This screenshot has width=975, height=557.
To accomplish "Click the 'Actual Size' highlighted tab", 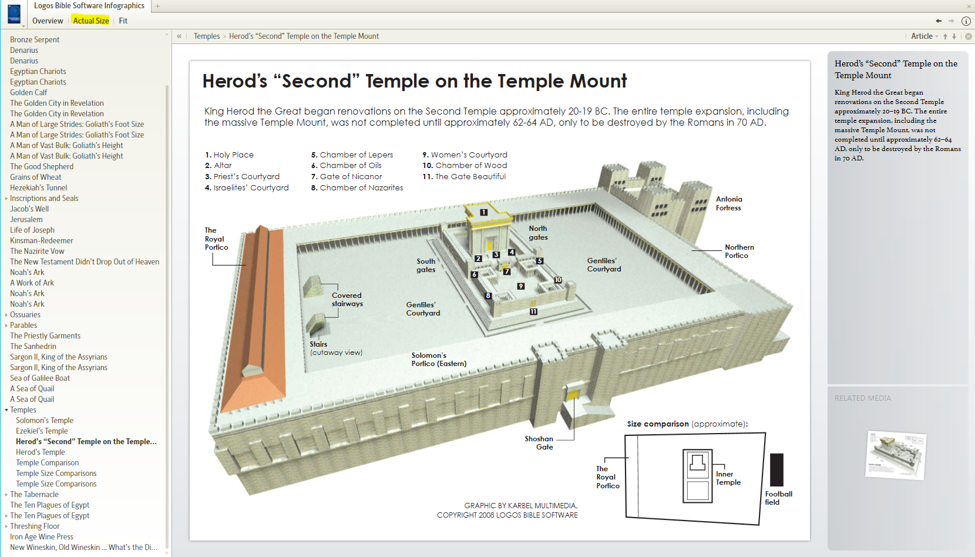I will [x=91, y=21].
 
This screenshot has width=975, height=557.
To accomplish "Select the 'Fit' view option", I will [x=123, y=21].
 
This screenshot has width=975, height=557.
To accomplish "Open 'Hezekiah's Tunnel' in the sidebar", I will [x=39, y=188].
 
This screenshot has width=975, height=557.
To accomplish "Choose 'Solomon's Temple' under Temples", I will [x=45, y=421].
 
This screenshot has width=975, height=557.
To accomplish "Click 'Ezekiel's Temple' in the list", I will [x=42, y=431].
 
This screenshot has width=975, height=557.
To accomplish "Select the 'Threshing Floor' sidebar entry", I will [x=35, y=526].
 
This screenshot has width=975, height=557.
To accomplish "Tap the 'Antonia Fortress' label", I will [x=728, y=203].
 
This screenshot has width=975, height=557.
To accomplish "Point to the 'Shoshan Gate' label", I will [x=539, y=443].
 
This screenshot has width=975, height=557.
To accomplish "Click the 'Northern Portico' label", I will [x=739, y=251].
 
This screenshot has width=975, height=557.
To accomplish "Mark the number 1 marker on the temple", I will [x=483, y=212].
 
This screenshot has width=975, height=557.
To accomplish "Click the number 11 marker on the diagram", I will [x=533, y=312].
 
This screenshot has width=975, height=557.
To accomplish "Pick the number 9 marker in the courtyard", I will [x=520, y=286].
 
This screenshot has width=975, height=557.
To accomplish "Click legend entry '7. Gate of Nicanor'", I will [x=347, y=177].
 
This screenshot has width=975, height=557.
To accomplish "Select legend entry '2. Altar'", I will [x=218, y=166].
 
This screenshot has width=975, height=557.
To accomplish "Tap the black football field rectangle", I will [x=776, y=469].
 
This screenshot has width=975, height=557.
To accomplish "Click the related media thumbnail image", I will [x=896, y=454].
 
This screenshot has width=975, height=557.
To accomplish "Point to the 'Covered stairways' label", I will [x=347, y=300].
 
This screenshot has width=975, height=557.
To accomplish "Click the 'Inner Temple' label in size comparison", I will [x=728, y=478].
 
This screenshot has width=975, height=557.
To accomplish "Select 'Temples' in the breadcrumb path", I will [x=207, y=36].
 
